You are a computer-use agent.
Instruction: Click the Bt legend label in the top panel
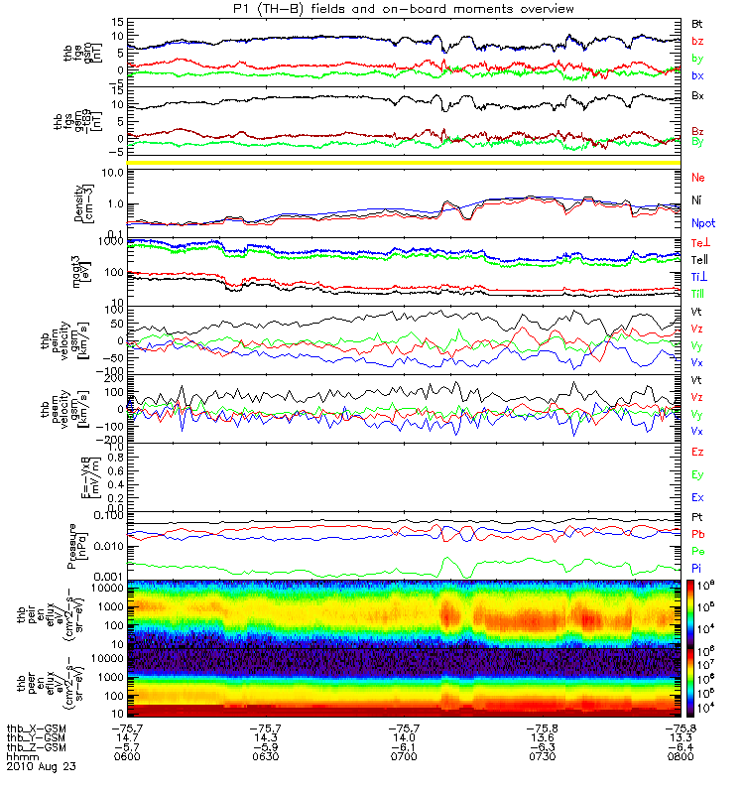tap(697, 22)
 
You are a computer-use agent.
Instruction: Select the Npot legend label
tap(701, 224)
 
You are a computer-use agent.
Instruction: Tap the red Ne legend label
tap(697, 177)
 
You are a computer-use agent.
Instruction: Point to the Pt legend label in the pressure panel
tap(697, 519)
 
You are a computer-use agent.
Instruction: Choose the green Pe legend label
tap(697, 550)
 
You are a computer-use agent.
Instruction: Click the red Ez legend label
tap(697, 452)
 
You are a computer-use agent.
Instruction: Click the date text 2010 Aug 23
tap(41, 767)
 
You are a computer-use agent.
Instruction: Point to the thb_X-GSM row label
tap(35, 728)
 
